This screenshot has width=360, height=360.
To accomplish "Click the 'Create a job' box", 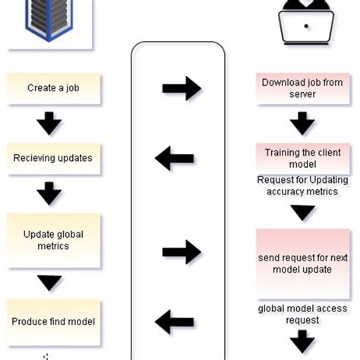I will click(x=52, y=88).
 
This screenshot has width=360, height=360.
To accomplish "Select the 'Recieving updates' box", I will click(x=52, y=158).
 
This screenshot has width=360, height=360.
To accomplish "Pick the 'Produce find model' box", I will click(x=53, y=321).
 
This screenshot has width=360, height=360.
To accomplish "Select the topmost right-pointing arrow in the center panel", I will click(x=181, y=89).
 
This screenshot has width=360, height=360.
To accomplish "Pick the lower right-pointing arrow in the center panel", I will click(x=181, y=251).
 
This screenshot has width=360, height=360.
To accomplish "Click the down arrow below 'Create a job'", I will click(x=49, y=123).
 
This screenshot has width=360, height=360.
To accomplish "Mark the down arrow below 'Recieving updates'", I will click(x=49, y=193).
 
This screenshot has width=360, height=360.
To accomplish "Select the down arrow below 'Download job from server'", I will click(x=302, y=122).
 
